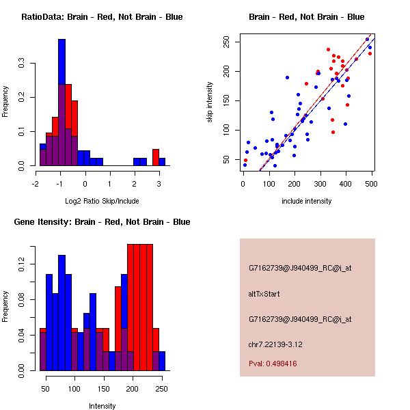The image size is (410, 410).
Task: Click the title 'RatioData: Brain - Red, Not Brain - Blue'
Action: coord(102,17)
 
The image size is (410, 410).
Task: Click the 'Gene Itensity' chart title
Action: coord(102,222)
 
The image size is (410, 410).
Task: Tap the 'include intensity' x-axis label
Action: coord(307,201)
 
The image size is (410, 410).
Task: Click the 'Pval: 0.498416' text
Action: coord(282,364)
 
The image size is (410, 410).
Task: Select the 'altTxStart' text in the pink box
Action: coord(264,294)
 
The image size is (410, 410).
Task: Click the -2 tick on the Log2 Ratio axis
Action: coord(36,182)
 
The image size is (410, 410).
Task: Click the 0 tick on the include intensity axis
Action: coord(243,182)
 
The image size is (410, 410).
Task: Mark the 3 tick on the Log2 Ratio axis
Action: coord(159,182)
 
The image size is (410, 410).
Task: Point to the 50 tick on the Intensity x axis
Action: coord(46,387)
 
